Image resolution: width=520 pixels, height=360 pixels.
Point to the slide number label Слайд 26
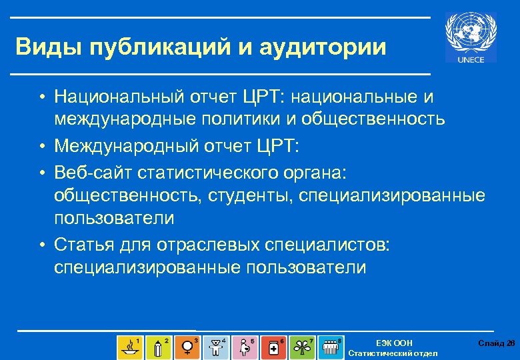(496, 343)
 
